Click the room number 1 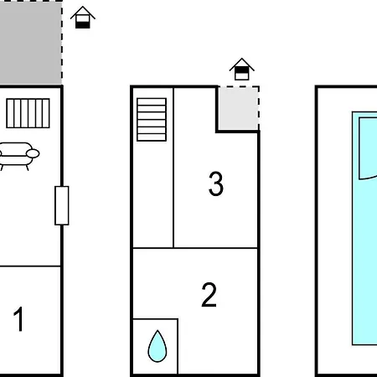(x=18, y=319)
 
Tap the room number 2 (x=209, y=295)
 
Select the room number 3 (x=216, y=183)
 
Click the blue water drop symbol (x=158, y=346)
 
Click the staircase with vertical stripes (x=28, y=113)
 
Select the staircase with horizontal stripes (x=152, y=119)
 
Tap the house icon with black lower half (x=83, y=18)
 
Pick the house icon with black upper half (x=242, y=70)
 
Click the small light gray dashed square (x=239, y=108)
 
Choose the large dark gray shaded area (x=31, y=43)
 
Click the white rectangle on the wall (x=62, y=205)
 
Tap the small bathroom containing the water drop (x=155, y=346)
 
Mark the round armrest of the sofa (x=33, y=153)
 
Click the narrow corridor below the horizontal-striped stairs (x=153, y=194)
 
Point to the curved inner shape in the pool (x=368, y=148)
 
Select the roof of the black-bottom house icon (x=83, y=13)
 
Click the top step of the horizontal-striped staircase (x=152, y=101)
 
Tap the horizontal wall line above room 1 (x=30, y=266)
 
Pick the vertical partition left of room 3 (x=173, y=168)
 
